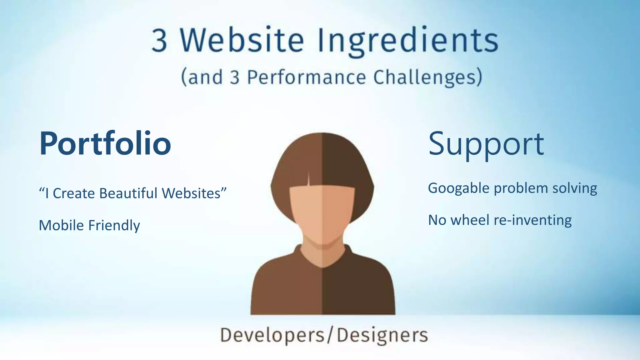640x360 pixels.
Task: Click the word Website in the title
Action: pyautogui.click(x=242, y=41)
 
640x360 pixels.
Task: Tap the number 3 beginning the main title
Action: pyautogui.click(x=159, y=41)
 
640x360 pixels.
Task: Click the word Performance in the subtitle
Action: pyautogui.click(x=306, y=77)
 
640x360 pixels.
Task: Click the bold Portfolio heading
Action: pyautogui.click(x=105, y=144)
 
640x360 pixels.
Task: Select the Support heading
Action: pyautogui.click(x=486, y=144)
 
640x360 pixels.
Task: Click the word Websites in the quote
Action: pyautogui.click(x=191, y=193)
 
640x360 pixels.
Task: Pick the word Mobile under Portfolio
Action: pyautogui.click(x=61, y=225)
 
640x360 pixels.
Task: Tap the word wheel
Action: pyautogui.click(x=470, y=220)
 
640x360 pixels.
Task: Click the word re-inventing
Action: pyautogui.click(x=532, y=220)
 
